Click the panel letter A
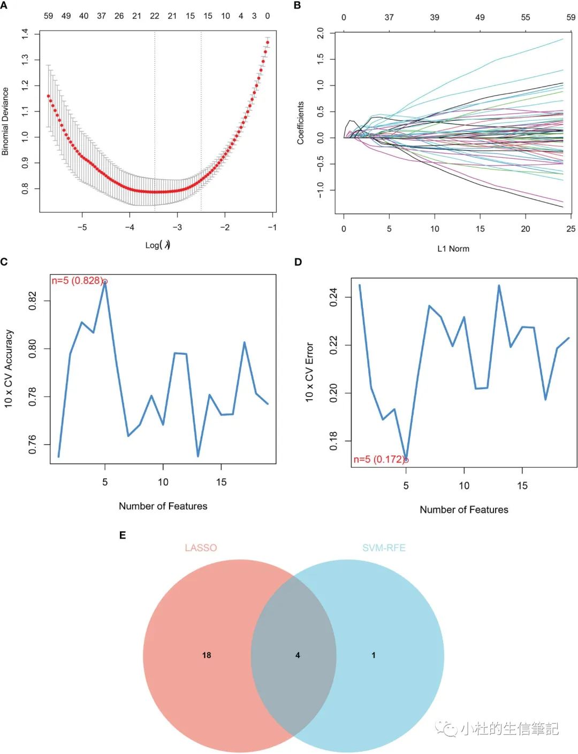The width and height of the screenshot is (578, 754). point(4,5)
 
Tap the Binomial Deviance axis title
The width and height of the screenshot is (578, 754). point(5,121)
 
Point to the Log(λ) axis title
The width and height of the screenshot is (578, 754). point(158,245)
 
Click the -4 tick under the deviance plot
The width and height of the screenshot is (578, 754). point(130,227)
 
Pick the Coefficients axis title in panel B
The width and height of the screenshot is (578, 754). point(301,123)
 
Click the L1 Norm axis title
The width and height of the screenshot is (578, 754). point(453,248)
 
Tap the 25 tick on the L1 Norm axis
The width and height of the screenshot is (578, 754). point(571,229)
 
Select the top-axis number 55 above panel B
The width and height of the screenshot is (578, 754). point(526,17)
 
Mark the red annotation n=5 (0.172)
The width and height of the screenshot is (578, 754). point(379,459)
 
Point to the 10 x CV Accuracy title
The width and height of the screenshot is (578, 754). point(9,369)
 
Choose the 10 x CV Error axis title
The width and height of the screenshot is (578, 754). point(309,372)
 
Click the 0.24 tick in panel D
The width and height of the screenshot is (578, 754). point(333,297)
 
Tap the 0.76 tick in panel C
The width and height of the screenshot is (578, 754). point(33,445)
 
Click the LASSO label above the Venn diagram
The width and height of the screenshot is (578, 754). point(201,548)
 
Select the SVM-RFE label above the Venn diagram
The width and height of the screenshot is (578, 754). point(384,548)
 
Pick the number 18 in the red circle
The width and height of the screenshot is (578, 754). point(207,655)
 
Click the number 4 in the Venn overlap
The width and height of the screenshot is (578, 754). point(298,655)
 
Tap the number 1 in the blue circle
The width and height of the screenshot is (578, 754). point(374,655)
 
